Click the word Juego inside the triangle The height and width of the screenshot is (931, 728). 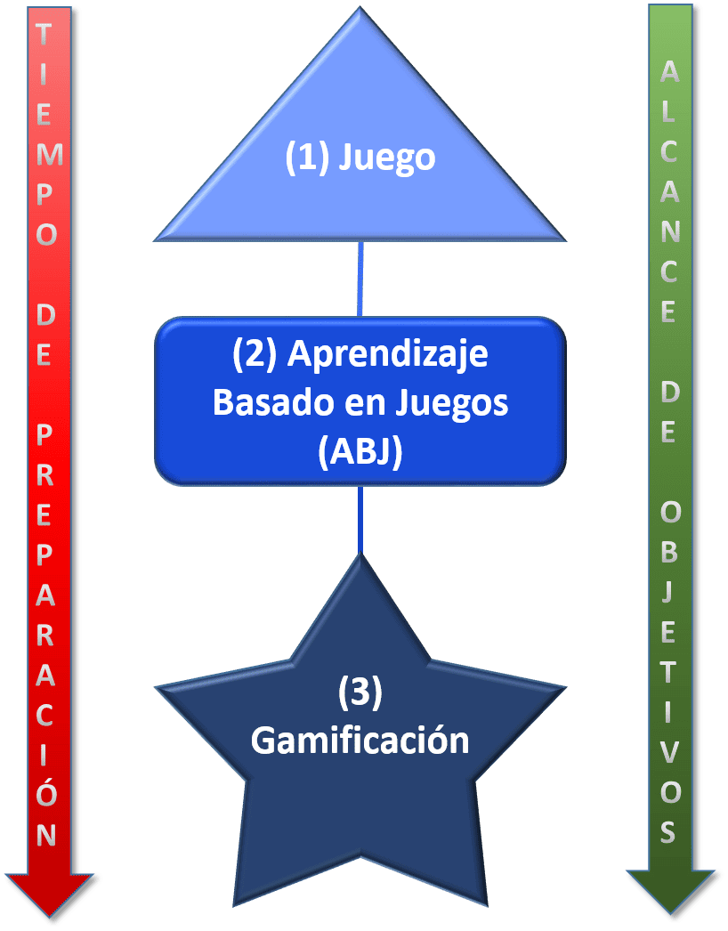click(388, 158)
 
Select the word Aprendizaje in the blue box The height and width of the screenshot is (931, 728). click(388, 354)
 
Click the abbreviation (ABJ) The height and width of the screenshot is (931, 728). click(360, 452)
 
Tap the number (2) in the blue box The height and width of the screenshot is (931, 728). click(255, 354)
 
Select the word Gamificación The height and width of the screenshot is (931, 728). click(360, 741)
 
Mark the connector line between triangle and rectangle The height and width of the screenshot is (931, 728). click(360, 279)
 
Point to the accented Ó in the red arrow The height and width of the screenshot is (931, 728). click(48, 794)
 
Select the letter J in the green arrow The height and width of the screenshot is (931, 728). click(669, 594)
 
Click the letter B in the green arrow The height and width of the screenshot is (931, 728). click(669, 553)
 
